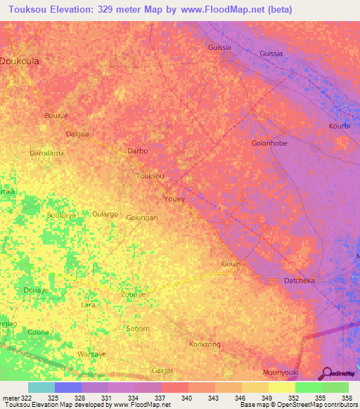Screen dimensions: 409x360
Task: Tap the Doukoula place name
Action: (x=20, y=61)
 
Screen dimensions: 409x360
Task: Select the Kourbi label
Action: (x=339, y=126)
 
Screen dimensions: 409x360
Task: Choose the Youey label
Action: (x=174, y=199)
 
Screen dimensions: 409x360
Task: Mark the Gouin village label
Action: (x=231, y=264)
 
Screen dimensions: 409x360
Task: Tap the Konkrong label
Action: (x=205, y=344)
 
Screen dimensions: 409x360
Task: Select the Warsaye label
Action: (x=91, y=354)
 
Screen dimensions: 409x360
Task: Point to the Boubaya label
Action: (x=60, y=216)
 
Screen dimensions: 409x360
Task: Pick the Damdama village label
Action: (x=47, y=152)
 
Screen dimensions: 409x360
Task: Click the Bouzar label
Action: (x=56, y=115)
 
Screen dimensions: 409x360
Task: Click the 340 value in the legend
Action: (x=187, y=398)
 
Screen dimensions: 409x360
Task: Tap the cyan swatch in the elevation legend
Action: (x=41, y=387)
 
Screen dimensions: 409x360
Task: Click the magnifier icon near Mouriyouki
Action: (x=326, y=373)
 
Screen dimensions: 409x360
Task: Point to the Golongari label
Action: (x=141, y=218)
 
